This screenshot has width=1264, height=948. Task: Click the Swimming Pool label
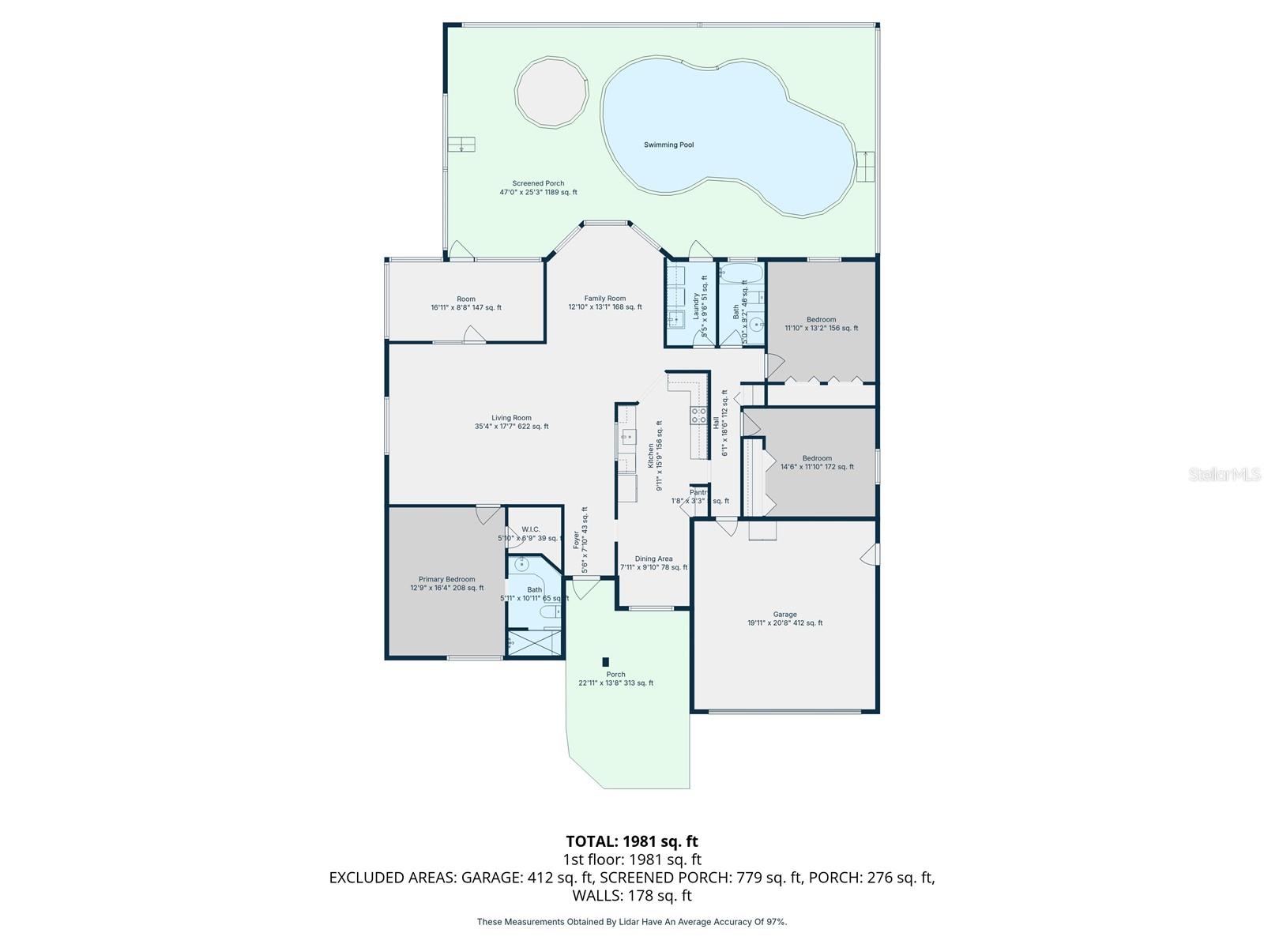[668, 145]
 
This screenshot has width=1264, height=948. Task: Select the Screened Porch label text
[538, 188]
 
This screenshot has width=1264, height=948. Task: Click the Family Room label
[605, 303]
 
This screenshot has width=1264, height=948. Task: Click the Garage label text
[784, 619]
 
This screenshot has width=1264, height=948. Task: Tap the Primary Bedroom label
[446, 583]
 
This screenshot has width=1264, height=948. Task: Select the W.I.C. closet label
[530, 533]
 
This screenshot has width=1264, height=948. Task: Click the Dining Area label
[653, 562]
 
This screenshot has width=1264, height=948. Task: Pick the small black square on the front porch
[606, 662]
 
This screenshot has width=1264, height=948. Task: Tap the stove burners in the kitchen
[698, 416]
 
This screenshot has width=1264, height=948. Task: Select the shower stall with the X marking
[534, 642]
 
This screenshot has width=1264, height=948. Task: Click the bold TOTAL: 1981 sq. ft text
[632, 841]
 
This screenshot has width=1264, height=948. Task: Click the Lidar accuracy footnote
[632, 922]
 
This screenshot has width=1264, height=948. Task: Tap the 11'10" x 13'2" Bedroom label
[821, 324]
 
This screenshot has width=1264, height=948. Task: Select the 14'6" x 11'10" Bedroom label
[817, 462]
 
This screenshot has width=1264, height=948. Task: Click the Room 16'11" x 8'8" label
[466, 303]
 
